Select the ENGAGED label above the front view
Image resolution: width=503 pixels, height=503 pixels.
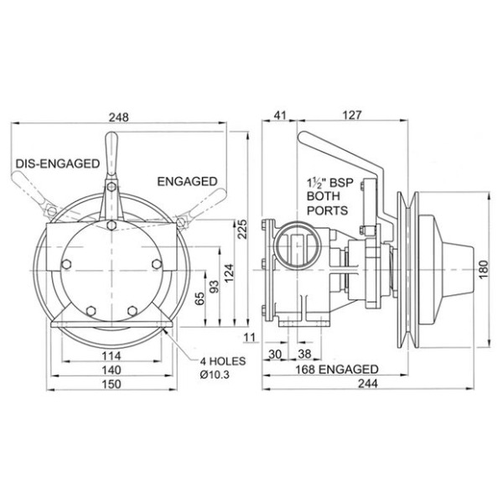click(x=187, y=181)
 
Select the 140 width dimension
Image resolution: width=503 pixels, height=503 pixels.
click(x=110, y=370)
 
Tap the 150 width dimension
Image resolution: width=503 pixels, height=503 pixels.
click(x=110, y=384)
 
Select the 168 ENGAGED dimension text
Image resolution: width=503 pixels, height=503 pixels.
click(x=335, y=369)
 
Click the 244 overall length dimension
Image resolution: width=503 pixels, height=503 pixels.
click(x=369, y=384)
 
